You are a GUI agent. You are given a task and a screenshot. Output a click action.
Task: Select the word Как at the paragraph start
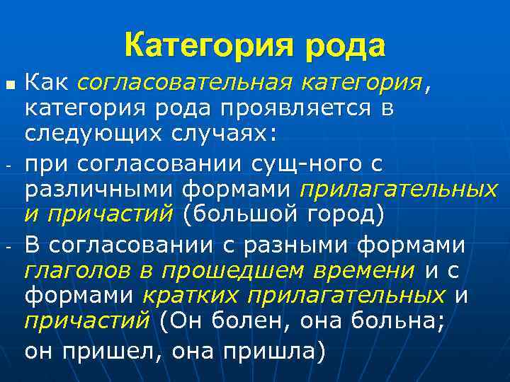point(47,83)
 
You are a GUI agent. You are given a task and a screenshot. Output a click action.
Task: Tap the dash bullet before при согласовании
point(9,166)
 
